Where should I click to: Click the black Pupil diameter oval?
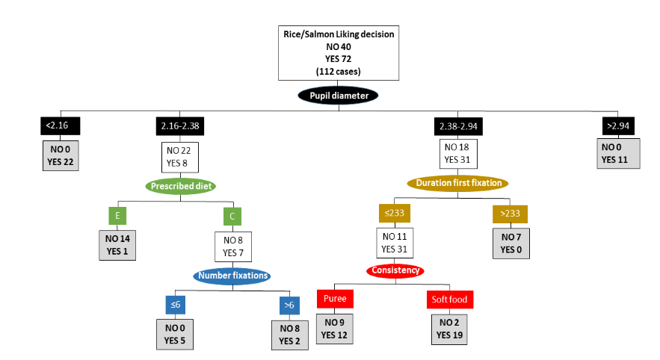[338, 95]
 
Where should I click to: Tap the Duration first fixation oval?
[457, 183]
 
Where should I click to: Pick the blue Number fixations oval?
[232, 276]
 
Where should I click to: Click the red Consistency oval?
[395, 270]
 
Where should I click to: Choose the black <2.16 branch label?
[58, 126]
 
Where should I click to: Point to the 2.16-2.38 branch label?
[180, 126]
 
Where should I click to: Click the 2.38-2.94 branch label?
[457, 126]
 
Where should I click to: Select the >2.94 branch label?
[619, 126]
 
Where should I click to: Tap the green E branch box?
[116, 217]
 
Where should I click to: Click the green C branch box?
[232, 217]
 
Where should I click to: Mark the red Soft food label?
[449, 300]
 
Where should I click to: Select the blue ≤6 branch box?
[174, 305]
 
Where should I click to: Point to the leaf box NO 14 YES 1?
[116, 246]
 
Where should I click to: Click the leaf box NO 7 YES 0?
[511, 244]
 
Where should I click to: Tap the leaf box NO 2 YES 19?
[449, 329]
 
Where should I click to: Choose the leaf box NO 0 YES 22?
[58, 154]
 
